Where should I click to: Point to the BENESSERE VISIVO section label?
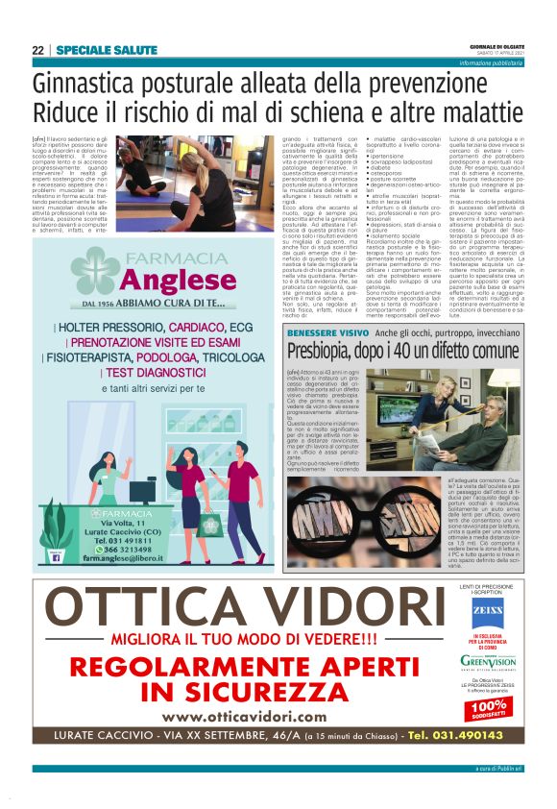[x=327, y=332]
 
